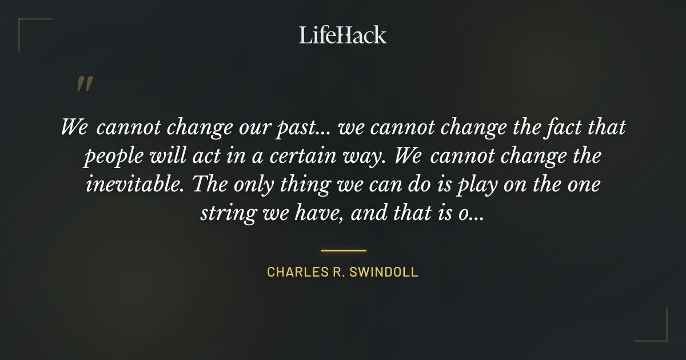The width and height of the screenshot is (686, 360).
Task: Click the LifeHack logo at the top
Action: click(342, 35)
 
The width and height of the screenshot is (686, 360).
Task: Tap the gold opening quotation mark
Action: click(84, 84)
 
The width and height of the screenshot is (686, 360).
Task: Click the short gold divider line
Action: click(343, 250)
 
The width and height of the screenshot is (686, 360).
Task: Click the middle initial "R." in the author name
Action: click(337, 272)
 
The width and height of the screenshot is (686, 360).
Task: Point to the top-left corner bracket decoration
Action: click(26, 26)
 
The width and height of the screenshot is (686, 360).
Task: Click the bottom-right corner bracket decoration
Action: click(660, 334)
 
